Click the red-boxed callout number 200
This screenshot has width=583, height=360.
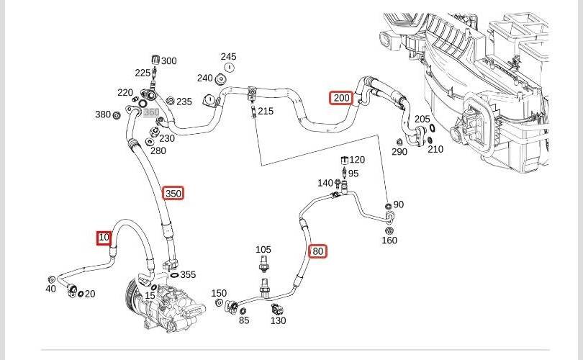341,98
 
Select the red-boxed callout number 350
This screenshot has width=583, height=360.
173,194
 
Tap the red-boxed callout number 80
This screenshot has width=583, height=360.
318,251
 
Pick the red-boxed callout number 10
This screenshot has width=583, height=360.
104,238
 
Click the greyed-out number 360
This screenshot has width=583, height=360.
151,112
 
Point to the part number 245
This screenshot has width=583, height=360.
228,57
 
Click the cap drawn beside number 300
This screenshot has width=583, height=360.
155,60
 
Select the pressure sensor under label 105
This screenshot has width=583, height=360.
263,264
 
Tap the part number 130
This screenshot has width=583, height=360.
278,320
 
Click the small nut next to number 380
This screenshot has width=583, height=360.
116,115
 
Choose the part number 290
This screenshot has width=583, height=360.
399,152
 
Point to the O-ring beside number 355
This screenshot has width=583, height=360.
174,276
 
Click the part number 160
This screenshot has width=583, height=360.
389,240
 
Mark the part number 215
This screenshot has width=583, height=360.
266,111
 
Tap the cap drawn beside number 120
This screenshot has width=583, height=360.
344,161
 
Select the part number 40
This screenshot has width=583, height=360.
50,289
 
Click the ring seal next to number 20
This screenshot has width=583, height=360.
81,294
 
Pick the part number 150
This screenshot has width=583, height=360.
219,293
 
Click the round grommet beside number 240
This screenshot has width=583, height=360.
221,79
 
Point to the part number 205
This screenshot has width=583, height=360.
422,119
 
